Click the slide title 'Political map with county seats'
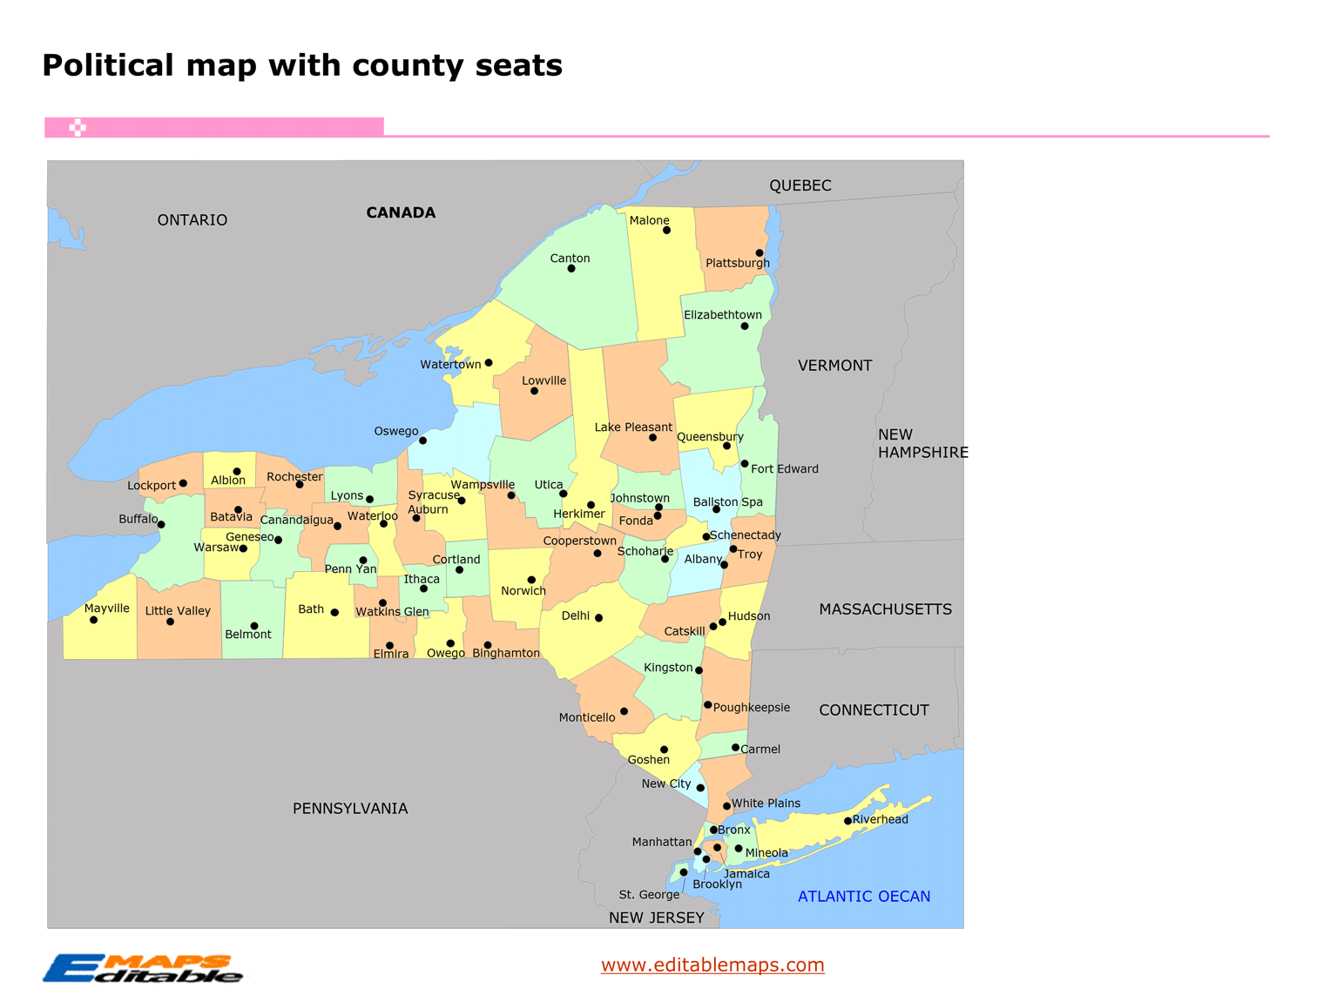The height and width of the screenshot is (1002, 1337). point(302,65)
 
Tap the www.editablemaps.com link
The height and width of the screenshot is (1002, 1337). point(712,965)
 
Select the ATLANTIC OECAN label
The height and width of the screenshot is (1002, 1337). point(863,896)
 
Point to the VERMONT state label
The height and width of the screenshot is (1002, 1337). point(834,366)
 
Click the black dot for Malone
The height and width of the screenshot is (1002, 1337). point(666,231)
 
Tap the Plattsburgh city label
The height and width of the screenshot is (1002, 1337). point(737,263)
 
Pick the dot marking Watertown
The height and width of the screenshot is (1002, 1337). point(489,363)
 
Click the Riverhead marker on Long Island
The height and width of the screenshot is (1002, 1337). point(847,821)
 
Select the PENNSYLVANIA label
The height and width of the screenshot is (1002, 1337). point(350,809)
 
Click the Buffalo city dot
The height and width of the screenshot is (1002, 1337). point(161,525)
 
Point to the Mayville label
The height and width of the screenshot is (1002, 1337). point(106,609)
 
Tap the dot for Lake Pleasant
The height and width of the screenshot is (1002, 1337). point(652,438)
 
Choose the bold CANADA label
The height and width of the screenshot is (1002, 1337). point(401,212)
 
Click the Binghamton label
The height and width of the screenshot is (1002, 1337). point(506,653)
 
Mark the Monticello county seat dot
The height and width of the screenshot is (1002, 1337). point(624,711)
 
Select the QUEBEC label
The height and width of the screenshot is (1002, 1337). point(800,185)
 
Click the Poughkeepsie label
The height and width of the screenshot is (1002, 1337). point(751,707)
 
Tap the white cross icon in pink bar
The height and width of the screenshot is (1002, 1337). point(78,128)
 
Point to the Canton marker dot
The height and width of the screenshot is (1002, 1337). point(571,269)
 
